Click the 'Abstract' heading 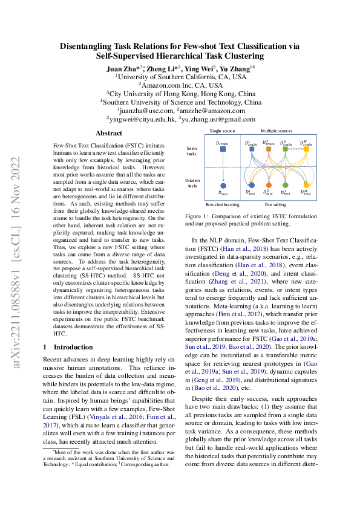coord(109,133)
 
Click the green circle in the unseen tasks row coord(286,184)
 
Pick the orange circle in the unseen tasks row coord(268,184)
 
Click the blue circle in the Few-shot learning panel coord(223,184)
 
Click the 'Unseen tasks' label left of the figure coord(192,183)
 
